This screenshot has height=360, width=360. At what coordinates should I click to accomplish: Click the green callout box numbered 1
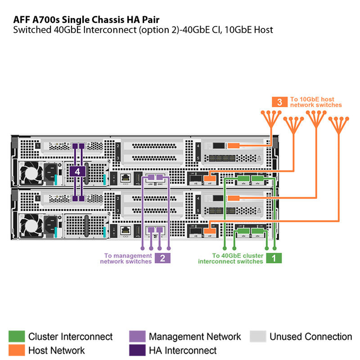[274, 258]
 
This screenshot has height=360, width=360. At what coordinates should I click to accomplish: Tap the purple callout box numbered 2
[162, 258]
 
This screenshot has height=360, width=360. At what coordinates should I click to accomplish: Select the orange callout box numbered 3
[279, 102]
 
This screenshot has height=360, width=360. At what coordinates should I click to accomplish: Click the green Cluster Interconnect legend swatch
[17, 337]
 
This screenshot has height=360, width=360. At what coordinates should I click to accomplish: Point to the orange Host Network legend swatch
[17, 350]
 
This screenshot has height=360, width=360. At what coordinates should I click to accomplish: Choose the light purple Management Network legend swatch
[137, 337]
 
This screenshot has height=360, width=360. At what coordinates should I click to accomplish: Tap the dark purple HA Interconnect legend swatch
[137, 350]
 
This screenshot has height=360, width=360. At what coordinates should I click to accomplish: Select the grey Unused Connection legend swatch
[258, 337]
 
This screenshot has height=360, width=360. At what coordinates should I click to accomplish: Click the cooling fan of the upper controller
[31, 171]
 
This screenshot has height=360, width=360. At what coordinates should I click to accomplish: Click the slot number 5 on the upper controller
[198, 158]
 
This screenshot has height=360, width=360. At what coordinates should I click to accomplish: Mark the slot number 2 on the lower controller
[118, 198]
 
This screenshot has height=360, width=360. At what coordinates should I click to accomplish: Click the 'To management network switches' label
[128, 258]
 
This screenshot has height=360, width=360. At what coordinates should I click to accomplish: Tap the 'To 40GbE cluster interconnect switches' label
[231, 258]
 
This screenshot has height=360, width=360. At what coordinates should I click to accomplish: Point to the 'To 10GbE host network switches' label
[315, 102]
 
